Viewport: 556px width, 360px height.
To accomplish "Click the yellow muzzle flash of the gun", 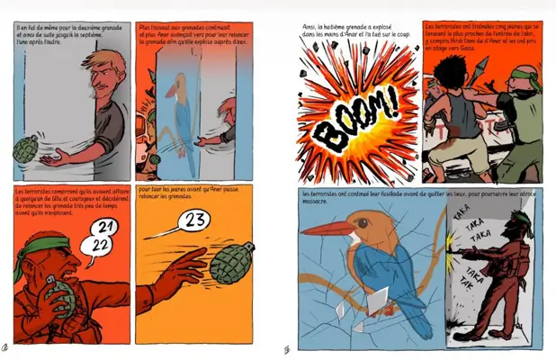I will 453,243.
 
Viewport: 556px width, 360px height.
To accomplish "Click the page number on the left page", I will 6,346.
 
